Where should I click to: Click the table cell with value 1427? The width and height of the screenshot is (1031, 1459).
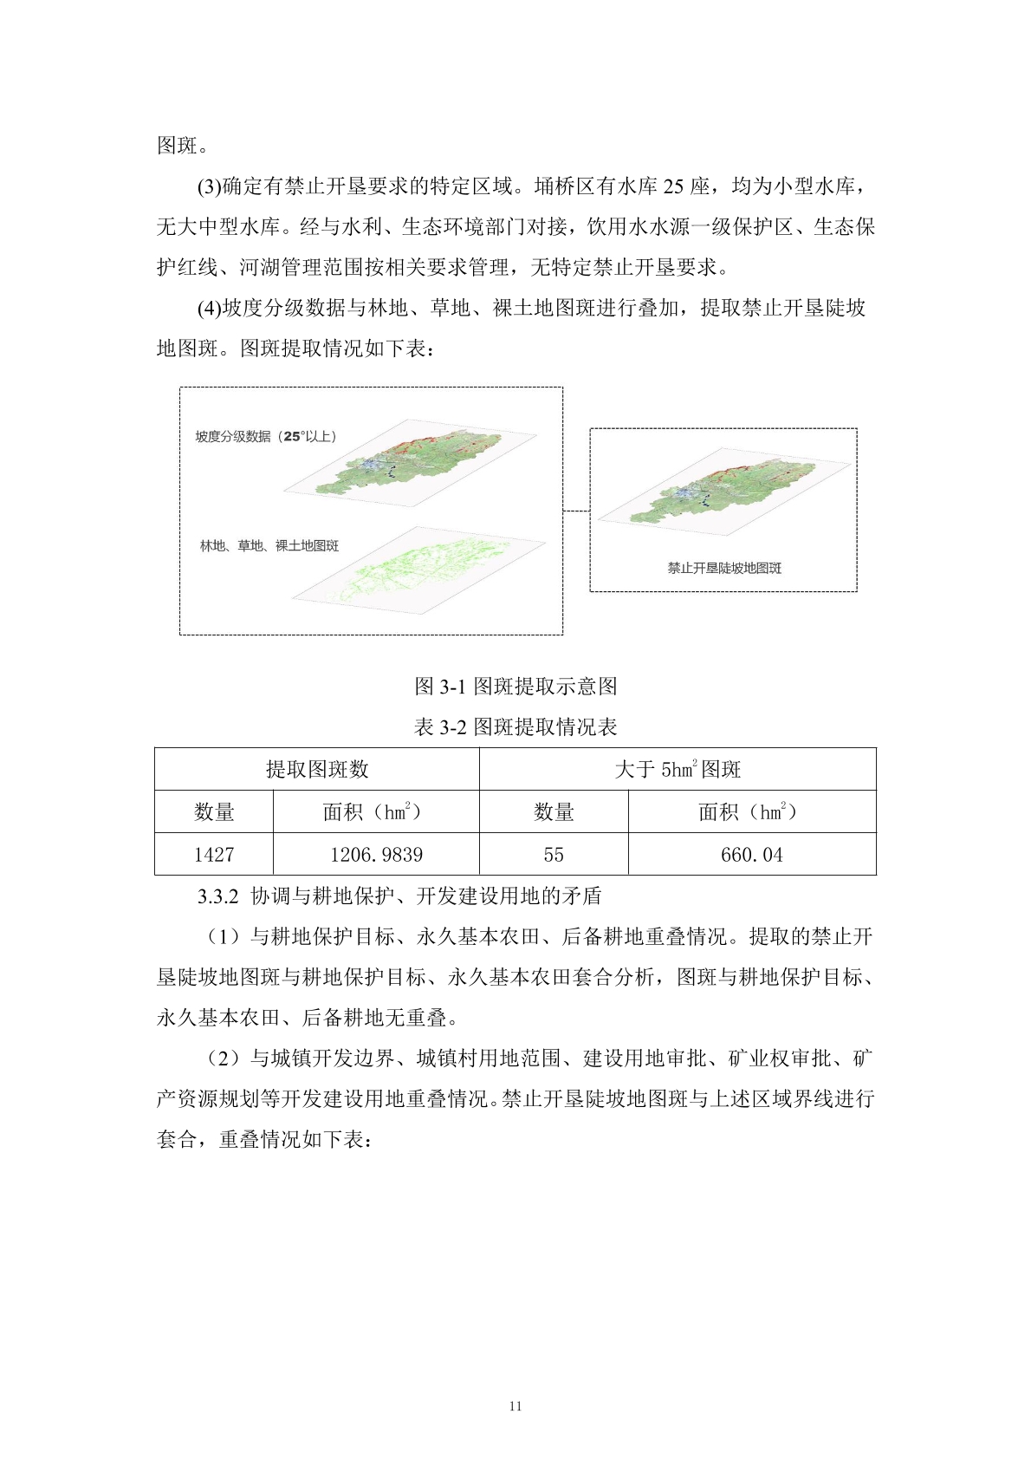coord(214,855)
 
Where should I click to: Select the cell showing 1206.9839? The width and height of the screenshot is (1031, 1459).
coord(376,855)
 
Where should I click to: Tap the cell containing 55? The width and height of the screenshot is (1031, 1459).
coord(554,855)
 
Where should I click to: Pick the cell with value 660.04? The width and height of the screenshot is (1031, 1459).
coord(751,855)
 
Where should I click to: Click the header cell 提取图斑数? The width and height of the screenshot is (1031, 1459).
coord(317,769)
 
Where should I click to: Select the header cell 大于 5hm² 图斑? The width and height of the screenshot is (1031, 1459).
coord(678,769)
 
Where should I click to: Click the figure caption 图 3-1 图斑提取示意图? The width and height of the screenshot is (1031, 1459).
coord(515,687)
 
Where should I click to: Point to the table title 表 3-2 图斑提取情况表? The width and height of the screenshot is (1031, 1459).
coord(515,726)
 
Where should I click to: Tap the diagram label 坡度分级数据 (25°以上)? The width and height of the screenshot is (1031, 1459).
coord(265,436)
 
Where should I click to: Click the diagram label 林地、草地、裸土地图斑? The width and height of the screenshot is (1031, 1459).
coord(269,546)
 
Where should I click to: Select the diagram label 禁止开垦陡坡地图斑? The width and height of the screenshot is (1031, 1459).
coord(724,568)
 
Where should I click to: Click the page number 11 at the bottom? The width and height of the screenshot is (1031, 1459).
coord(515,1406)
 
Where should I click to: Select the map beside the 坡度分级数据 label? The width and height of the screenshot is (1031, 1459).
coord(418,464)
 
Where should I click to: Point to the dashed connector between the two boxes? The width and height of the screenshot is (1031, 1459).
coord(576,511)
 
